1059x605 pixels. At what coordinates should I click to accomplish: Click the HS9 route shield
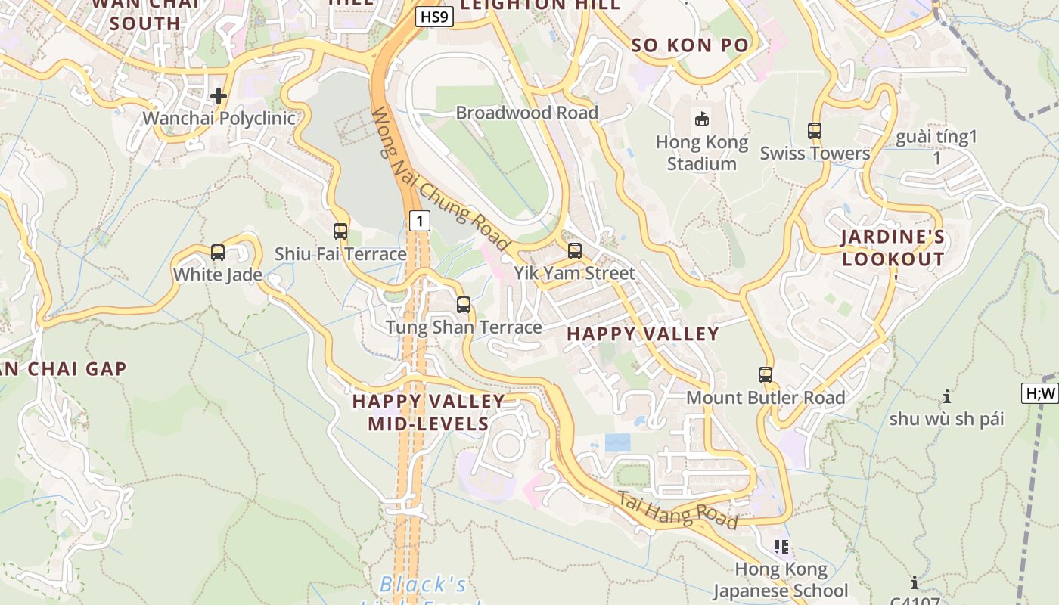click(434, 17)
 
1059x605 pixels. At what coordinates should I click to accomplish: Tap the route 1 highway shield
click(419, 221)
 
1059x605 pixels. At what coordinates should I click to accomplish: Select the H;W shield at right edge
click(1040, 393)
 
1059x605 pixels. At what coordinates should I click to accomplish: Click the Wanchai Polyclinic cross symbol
click(219, 96)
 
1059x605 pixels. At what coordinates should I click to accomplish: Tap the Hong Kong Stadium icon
click(702, 119)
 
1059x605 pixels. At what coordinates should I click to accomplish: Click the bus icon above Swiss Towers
click(815, 131)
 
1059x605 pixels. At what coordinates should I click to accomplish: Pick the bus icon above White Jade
click(218, 253)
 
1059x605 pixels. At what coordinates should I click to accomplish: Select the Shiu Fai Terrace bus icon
click(340, 231)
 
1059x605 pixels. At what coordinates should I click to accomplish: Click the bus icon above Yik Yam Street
click(575, 251)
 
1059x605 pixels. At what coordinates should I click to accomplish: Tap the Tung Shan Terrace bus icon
click(464, 305)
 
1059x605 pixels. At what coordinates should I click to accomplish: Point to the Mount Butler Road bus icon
click(766, 375)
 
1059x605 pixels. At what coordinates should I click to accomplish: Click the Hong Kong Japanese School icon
click(781, 547)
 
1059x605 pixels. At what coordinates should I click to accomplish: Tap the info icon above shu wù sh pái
click(946, 396)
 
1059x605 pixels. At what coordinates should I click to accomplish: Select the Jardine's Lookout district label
click(893, 248)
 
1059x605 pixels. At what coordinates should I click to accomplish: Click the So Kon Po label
click(690, 45)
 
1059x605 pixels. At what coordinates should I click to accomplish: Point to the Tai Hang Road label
click(678, 510)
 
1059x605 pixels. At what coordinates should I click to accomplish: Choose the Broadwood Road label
click(526, 113)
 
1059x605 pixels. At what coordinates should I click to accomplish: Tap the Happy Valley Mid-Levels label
click(428, 412)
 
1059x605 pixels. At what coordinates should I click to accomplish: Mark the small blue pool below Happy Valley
click(617, 442)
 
